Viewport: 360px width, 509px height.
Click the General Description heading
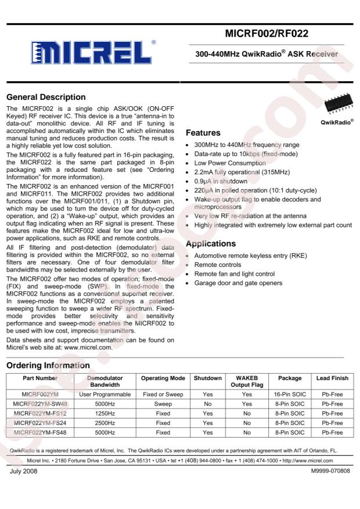point(46,97)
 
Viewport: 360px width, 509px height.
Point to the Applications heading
point(210,244)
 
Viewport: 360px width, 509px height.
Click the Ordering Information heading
point(48,365)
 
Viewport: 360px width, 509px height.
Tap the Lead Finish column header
point(332,378)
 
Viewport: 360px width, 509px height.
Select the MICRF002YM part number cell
point(40,395)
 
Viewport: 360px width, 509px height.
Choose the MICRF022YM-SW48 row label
point(40,405)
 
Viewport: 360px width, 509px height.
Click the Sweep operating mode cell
point(163,405)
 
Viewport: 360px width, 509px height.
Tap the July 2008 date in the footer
point(23,470)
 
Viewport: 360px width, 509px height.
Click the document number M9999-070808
point(330,470)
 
